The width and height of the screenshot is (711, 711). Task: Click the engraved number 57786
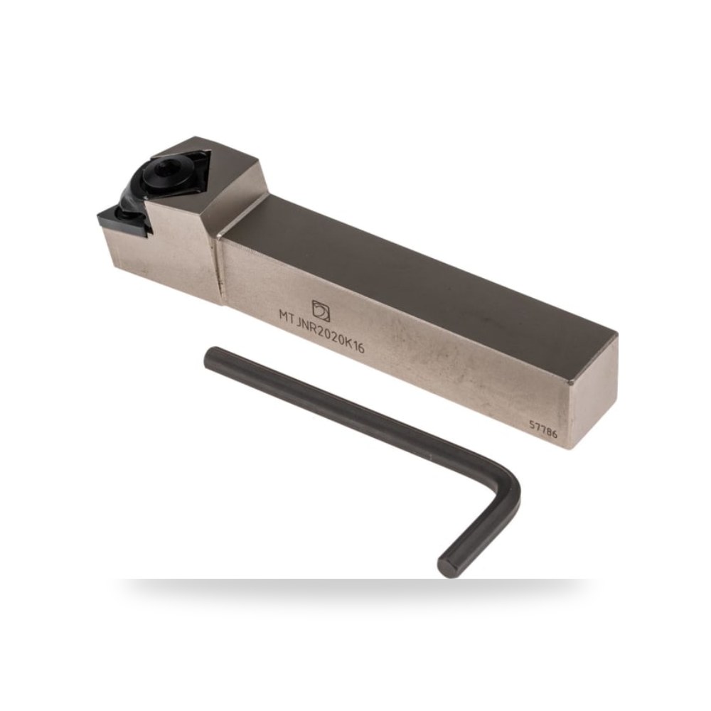point(543,429)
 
